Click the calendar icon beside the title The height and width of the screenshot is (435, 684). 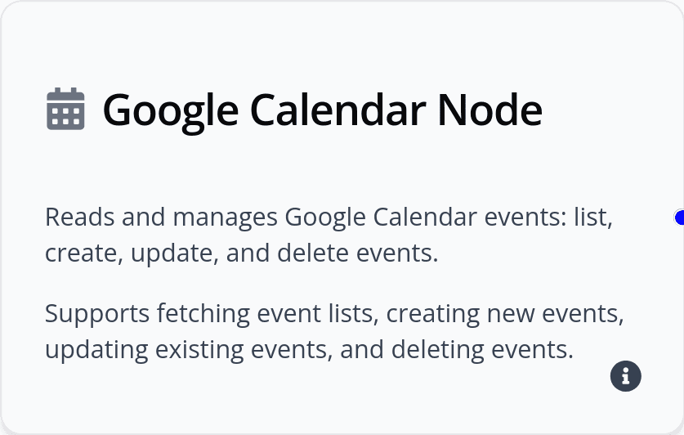click(65, 109)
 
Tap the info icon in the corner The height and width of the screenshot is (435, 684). click(626, 375)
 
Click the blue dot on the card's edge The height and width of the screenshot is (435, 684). click(680, 217)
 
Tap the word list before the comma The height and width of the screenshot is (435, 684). click(592, 217)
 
